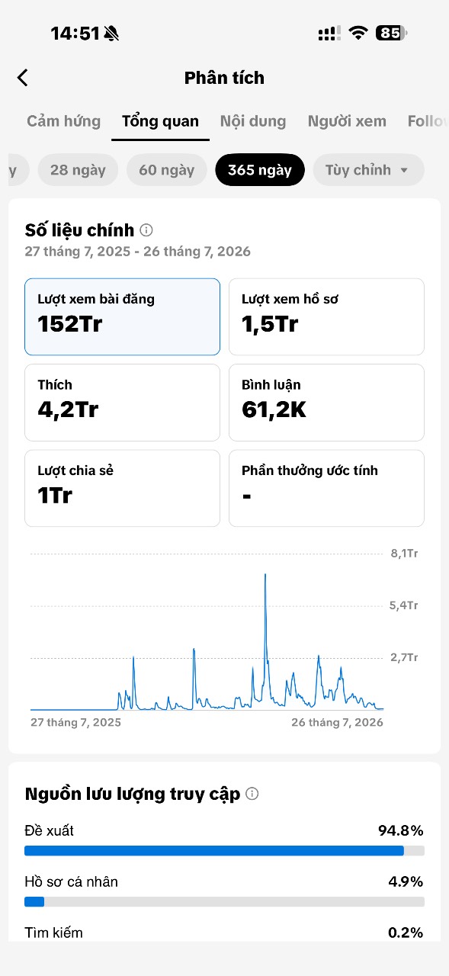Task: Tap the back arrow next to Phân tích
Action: (23, 78)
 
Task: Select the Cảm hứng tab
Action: (63, 121)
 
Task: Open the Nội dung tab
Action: (253, 121)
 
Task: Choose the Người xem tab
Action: (347, 121)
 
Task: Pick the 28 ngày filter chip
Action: (78, 170)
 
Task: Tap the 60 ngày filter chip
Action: (167, 170)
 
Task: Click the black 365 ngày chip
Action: (260, 170)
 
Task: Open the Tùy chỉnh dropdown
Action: (368, 170)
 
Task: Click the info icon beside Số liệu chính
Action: (146, 230)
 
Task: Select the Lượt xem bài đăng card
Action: (123, 316)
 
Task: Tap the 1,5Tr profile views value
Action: (270, 324)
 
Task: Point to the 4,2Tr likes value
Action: (68, 410)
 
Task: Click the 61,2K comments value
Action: (274, 410)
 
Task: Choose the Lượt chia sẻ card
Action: (123, 489)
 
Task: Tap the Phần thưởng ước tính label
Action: (309, 470)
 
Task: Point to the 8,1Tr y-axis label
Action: (404, 554)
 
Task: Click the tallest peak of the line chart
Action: (265, 575)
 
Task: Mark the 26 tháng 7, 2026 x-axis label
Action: (337, 722)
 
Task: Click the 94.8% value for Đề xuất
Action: (401, 830)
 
